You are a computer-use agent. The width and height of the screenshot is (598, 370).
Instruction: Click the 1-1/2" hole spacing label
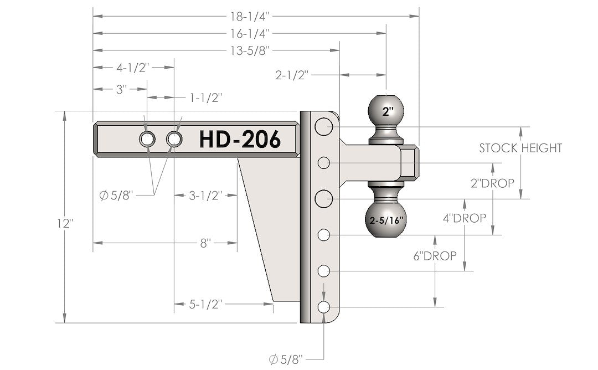pos(205,98)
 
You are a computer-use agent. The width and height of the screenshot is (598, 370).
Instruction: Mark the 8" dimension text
pos(205,243)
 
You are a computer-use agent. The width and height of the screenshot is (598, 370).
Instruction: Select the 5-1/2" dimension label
pos(205,304)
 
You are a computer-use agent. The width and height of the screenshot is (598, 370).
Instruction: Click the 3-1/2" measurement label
pos(205,196)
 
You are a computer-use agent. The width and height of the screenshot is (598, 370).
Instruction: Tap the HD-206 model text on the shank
pos(240,139)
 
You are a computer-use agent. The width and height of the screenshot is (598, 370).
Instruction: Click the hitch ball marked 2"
pos(387,111)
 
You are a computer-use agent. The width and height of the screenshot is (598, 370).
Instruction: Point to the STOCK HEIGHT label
pos(520,148)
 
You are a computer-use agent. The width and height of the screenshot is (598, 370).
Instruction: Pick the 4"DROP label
pos(465,218)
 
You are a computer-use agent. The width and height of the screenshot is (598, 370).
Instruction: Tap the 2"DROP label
pos(492,183)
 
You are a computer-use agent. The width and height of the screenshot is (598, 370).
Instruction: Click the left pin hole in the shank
pos(147,139)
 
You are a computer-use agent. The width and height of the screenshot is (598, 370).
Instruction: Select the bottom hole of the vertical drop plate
pos(324,307)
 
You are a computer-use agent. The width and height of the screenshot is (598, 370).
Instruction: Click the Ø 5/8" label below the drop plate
pos(287,360)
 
